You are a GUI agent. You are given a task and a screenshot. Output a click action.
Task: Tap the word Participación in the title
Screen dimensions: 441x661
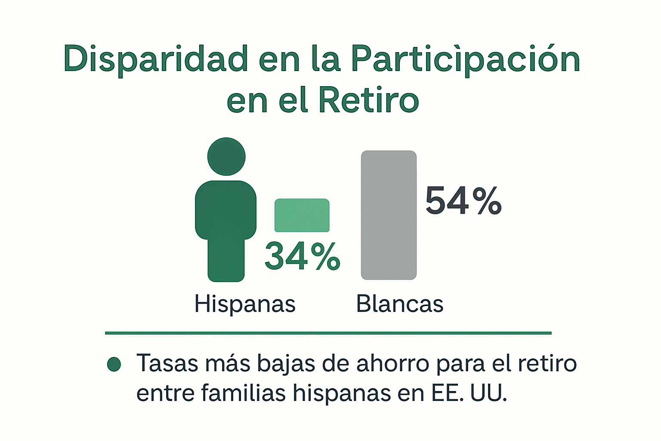466,59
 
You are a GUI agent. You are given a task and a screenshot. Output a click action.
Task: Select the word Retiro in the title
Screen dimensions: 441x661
368,100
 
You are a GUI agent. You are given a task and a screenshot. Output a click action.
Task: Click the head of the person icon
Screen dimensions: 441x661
226,156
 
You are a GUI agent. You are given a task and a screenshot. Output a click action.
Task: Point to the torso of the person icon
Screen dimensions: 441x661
226,211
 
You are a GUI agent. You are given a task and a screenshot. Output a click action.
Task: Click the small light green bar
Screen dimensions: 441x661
302,215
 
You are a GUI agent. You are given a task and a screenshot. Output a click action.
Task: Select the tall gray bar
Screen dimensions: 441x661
389,215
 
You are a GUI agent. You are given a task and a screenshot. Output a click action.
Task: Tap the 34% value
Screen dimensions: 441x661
303,256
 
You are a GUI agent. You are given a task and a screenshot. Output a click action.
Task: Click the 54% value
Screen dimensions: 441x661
463,201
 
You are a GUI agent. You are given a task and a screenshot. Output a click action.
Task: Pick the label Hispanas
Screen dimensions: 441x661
245,304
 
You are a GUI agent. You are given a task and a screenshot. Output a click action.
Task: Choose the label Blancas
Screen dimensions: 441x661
399,304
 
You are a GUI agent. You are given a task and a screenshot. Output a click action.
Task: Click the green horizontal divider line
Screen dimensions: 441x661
328,333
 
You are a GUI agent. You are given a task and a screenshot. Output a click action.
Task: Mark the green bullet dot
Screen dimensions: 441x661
114,364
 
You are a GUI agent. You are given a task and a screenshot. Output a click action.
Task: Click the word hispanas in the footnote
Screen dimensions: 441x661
342,393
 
